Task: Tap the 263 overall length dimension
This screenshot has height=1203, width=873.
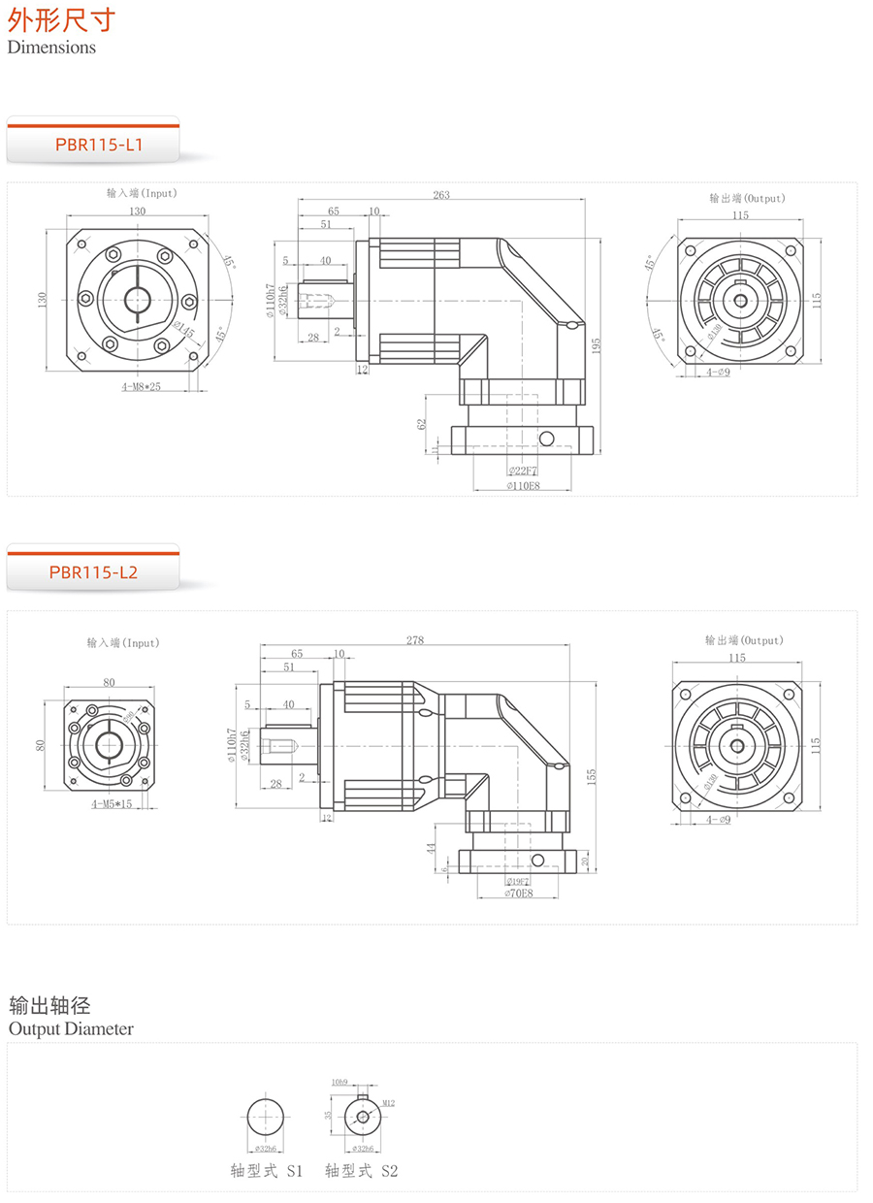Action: click(x=441, y=195)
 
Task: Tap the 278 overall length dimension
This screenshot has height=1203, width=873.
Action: click(x=415, y=640)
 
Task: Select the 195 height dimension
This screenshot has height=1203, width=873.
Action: click(x=596, y=344)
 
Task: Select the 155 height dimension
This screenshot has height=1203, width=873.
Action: click(x=590, y=775)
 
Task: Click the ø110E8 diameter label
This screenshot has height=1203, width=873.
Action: click(x=523, y=485)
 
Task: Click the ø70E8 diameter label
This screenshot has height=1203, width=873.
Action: click(x=519, y=893)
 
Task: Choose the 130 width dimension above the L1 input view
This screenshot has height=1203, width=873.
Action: click(x=137, y=211)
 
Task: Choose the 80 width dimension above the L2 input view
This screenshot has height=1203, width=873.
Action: click(x=109, y=683)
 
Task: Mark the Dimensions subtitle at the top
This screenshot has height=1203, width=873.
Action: click(x=51, y=47)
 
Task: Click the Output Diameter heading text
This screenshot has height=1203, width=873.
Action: click(x=71, y=1028)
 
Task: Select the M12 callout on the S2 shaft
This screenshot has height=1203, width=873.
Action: click(x=388, y=1103)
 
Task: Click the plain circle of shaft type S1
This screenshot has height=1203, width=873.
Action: click(x=266, y=1117)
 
